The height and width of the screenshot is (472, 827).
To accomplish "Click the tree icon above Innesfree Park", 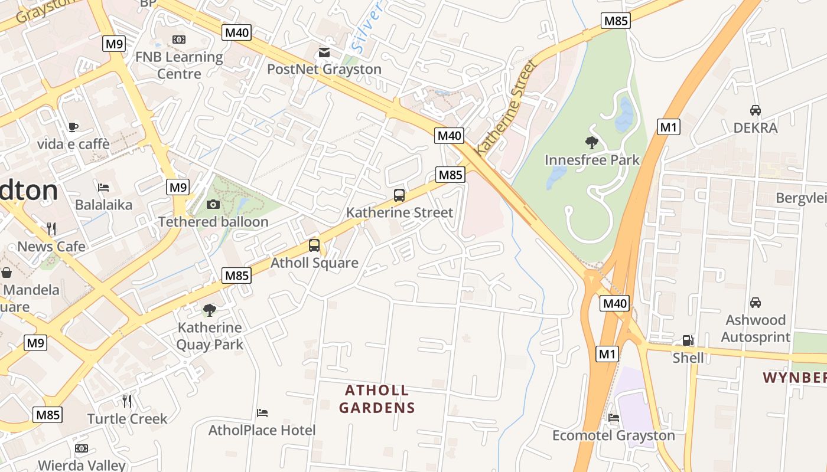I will tap(591, 142).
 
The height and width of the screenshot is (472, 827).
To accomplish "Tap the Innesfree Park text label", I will tap(592, 160).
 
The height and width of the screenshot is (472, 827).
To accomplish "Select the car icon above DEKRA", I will tap(755, 110).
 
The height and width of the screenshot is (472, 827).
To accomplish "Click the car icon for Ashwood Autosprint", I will tap(755, 303).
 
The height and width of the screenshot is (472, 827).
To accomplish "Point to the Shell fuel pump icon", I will tap(688, 340).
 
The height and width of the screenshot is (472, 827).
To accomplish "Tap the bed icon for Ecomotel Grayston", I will tap(614, 418).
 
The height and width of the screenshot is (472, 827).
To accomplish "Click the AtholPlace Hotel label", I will tap(262, 430).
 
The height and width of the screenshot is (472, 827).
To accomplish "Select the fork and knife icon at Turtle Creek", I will tap(127, 401).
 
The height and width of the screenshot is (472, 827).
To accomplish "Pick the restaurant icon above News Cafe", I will tap(51, 229).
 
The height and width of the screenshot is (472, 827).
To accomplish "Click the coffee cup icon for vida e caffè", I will tap(73, 127).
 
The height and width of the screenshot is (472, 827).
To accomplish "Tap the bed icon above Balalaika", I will tap(103, 188).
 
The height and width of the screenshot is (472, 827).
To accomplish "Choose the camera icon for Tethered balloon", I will tap(213, 205).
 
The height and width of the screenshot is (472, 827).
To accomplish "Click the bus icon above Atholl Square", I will tap(314, 245).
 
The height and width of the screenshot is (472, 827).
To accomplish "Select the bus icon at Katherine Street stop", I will tap(399, 195).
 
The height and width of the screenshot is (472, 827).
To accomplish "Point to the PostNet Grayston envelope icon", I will tap(324, 53).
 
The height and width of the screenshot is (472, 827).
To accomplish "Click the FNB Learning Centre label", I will tap(179, 65).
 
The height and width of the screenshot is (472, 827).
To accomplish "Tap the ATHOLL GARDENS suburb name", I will tap(377, 399).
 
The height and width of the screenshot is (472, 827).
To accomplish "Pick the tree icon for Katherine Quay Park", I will tap(209, 310).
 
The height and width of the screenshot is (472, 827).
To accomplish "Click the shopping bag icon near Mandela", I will tap(6, 273).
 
